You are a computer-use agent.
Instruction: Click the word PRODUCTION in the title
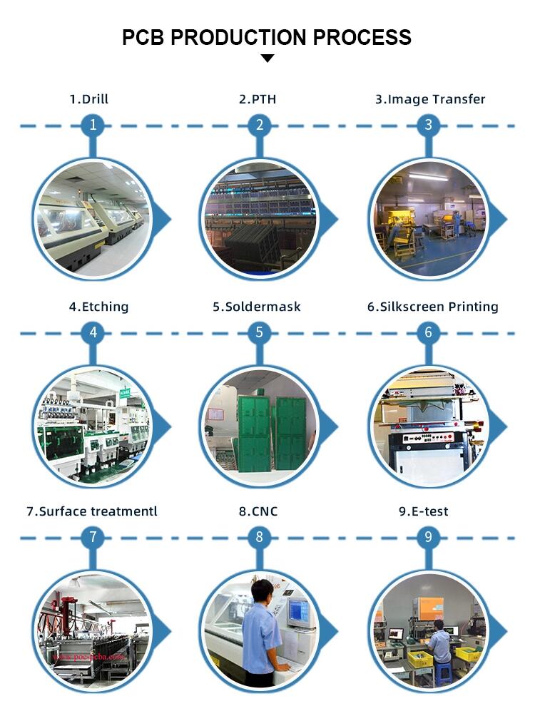pyautogui.click(x=238, y=38)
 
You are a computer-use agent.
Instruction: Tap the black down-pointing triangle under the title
pyautogui.click(x=267, y=58)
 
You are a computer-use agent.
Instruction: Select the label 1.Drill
pyautogui.click(x=88, y=99)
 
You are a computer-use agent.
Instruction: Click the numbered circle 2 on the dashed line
pyautogui.click(x=260, y=125)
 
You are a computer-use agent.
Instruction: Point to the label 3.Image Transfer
pyautogui.click(x=430, y=99)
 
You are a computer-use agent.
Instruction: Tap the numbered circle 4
pyautogui.click(x=93, y=332)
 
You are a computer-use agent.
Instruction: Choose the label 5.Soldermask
pyautogui.click(x=257, y=307)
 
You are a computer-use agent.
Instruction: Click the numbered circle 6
pyautogui.click(x=428, y=332)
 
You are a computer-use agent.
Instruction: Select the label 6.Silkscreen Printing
pyautogui.click(x=432, y=307)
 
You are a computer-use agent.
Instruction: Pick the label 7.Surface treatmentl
pyautogui.click(x=92, y=511)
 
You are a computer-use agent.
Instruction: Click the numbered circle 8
pyautogui.click(x=260, y=537)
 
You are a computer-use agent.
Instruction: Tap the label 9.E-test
pyautogui.click(x=423, y=511)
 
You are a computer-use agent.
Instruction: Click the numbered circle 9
pyautogui.click(x=428, y=537)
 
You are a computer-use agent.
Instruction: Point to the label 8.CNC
pyautogui.click(x=258, y=511)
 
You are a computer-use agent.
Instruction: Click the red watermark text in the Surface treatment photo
pyautogui.click(x=88, y=657)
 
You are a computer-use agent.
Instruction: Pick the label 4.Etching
pyautogui.click(x=99, y=307)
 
